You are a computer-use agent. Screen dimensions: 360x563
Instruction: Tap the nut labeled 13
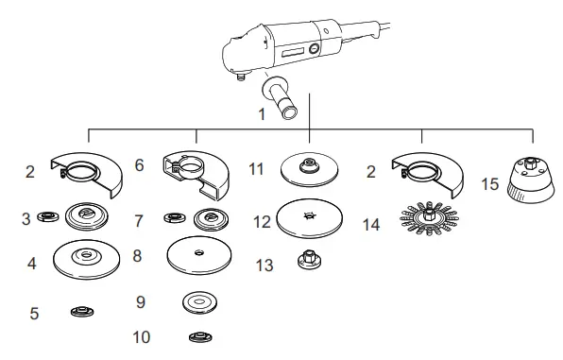pyautogui.click(x=307, y=257)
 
